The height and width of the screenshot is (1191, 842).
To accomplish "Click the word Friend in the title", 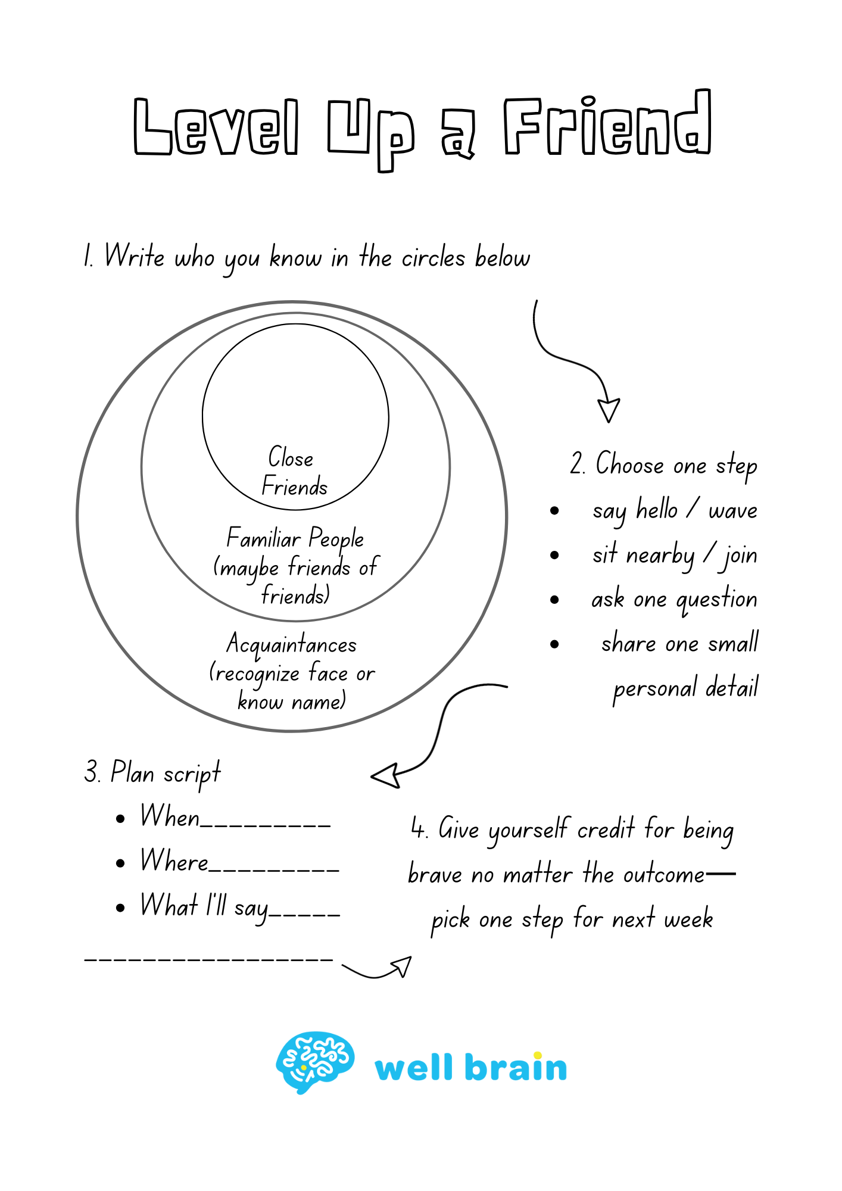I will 607,126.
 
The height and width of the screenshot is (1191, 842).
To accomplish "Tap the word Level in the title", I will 216,126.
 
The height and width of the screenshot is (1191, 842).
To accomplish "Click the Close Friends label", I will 294,472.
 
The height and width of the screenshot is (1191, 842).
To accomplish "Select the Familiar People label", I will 295,538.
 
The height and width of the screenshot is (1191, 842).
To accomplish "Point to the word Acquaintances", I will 292,645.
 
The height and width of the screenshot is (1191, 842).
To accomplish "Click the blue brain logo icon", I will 315,1062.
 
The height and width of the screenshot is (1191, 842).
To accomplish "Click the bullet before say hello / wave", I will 554,510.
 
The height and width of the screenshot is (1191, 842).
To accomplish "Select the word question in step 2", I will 717,599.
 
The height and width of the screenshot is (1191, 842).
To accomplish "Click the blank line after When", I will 266,825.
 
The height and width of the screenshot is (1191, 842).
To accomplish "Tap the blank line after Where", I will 274,869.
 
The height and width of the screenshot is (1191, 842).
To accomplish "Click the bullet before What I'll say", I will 121,908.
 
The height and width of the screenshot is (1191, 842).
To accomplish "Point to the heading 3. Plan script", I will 152,773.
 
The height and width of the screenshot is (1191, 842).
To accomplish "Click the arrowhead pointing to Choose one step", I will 609,410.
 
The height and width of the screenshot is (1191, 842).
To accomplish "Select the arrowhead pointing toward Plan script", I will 386,776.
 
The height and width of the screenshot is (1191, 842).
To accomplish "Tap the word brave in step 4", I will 435,874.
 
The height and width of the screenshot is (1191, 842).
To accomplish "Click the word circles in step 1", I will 433,258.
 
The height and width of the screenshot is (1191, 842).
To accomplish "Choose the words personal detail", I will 685,688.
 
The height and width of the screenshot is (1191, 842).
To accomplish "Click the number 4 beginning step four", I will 418,828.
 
